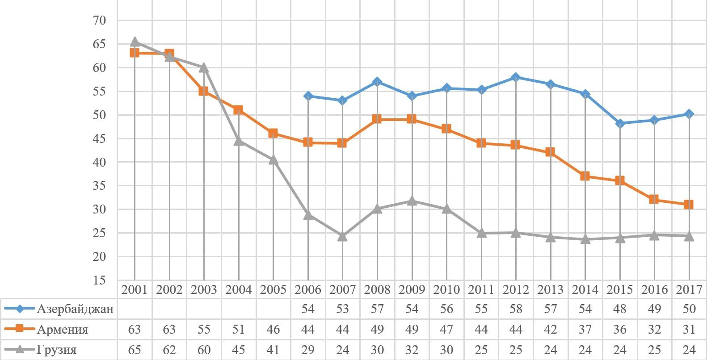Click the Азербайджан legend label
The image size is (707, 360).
pos(75,309)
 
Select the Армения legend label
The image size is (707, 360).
pos(62,330)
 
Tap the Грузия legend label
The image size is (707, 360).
pos(57,350)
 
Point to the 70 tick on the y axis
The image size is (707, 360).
pos(99,21)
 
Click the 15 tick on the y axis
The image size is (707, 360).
pos(99,280)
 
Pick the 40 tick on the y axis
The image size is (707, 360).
pos(99,162)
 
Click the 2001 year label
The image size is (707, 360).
pos(135,290)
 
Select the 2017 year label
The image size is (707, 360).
pos(689,290)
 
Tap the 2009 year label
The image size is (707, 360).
pos(412,290)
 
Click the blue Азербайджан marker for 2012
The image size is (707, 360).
pos(516,77)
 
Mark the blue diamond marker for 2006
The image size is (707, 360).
pos(308,96)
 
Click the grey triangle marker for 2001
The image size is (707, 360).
pos(135,42)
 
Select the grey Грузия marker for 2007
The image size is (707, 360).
pos(342,236)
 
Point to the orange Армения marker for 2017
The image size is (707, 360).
pos(689,205)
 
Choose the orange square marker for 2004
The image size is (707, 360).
pos(238,110)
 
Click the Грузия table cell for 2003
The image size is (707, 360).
pos(204,350)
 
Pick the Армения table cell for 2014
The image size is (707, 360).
pos(585,330)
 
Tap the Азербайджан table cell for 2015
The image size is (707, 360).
pos(620,309)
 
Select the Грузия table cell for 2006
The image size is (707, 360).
pos(308,350)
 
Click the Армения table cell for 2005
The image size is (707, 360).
pos(273,330)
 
